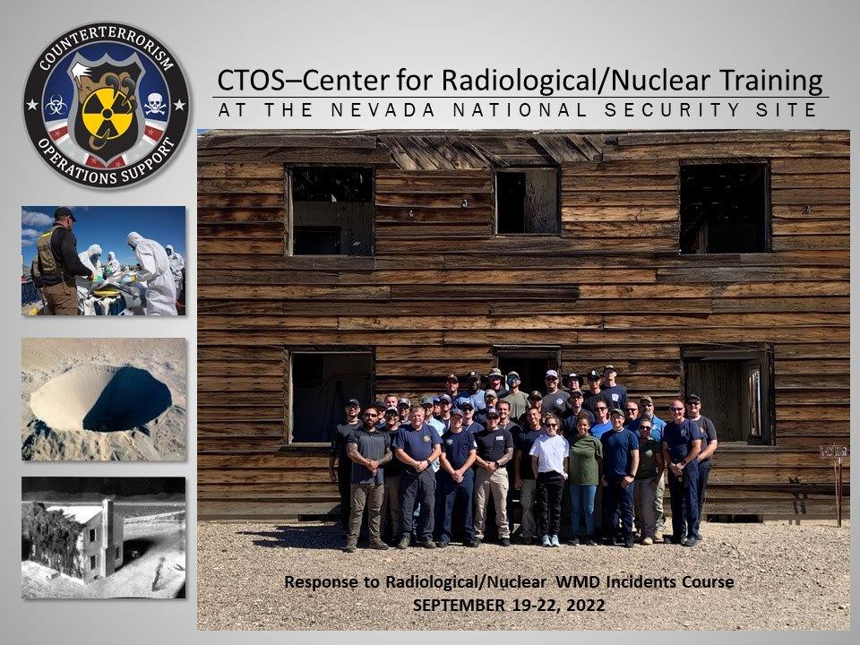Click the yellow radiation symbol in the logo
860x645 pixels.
pyautogui.click(x=107, y=109)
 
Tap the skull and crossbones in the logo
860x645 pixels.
pyautogui.click(x=155, y=104)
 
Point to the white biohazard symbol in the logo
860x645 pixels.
pyautogui.click(x=58, y=105)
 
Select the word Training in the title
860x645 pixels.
pyautogui.click(x=770, y=81)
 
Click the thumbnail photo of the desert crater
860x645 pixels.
pyautogui.click(x=103, y=399)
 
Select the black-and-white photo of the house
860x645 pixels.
pyautogui.click(x=103, y=537)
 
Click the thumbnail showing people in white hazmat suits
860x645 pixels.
pyautogui.click(x=103, y=261)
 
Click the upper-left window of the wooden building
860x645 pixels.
pyautogui.click(x=330, y=211)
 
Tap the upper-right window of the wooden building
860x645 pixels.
pyautogui.click(x=724, y=208)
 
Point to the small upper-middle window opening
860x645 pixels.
pyautogui.click(x=527, y=202)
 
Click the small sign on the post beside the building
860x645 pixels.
pyautogui.click(x=833, y=451)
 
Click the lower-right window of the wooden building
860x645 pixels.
pyautogui.click(x=727, y=394)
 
